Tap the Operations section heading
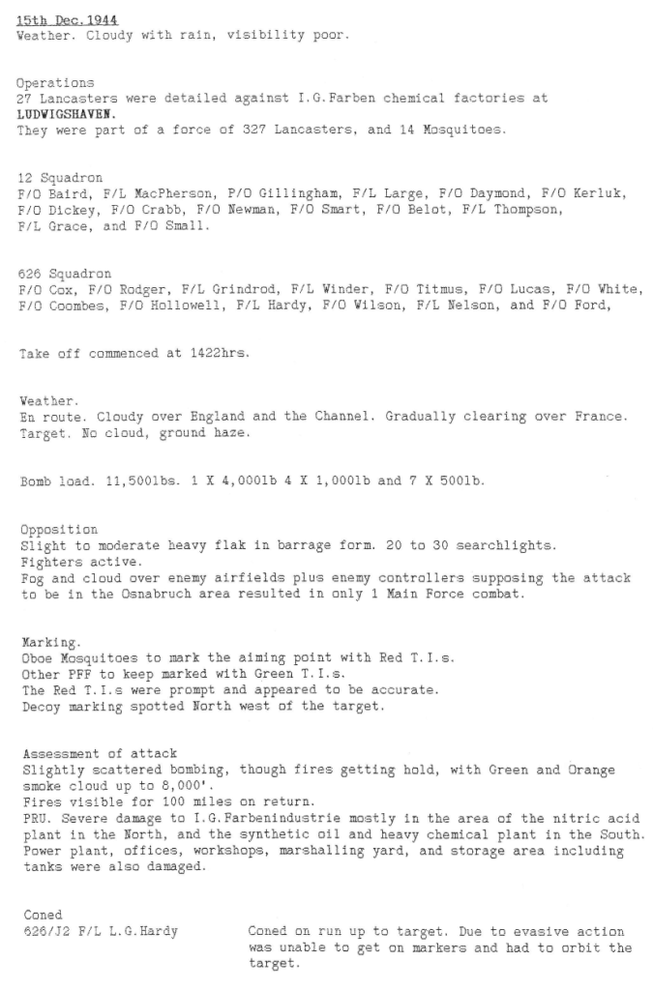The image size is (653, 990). pos(55,83)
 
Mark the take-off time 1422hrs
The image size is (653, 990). pos(218,354)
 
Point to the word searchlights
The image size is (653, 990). pos(511,545)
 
